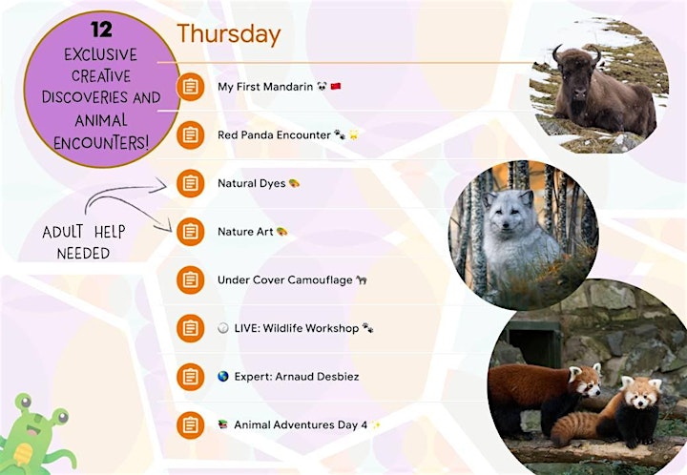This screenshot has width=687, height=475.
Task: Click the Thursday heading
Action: pyautogui.click(x=228, y=35)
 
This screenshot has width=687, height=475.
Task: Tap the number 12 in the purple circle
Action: pyautogui.click(x=102, y=30)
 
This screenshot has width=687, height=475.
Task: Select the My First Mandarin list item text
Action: pyautogui.click(x=265, y=87)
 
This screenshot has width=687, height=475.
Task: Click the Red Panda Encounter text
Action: pyautogui.click(x=274, y=134)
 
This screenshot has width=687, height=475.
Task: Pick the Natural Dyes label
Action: pyautogui.click(x=252, y=183)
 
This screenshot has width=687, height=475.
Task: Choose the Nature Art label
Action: pyautogui.click(x=245, y=232)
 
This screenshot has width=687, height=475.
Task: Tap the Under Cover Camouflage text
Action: pyautogui.click(x=284, y=279)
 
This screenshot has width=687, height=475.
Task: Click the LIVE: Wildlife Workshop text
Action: pyautogui.click(x=297, y=328)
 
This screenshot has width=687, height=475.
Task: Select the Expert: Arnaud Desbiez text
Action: pyautogui.click(x=297, y=377)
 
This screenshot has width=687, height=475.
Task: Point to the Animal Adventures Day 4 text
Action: pyautogui.click(x=301, y=425)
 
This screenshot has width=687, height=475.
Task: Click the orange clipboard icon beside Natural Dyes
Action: pyautogui.click(x=190, y=183)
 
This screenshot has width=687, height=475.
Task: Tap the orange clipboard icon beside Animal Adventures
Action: pyautogui.click(x=190, y=425)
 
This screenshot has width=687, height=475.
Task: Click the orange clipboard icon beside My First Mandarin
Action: pyautogui.click(x=190, y=87)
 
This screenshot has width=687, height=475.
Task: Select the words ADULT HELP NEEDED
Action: pyautogui.click(x=84, y=242)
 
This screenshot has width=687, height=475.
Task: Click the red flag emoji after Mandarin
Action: pyautogui.click(x=336, y=86)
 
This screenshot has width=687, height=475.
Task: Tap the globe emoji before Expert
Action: pyautogui.click(x=223, y=377)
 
